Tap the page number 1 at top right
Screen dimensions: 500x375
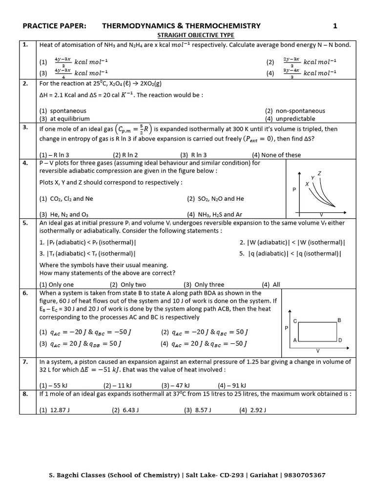click(x=335, y=26)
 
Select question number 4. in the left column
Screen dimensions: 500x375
click(x=25, y=163)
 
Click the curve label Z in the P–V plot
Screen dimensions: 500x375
click(x=319, y=173)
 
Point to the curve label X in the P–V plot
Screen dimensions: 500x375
click(x=307, y=184)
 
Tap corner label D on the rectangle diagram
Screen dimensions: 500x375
click(x=340, y=340)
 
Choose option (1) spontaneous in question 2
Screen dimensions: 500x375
click(x=62, y=111)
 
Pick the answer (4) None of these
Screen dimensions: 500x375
click(x=276, y=155)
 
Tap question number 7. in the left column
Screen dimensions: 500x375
click(x=25, y=362)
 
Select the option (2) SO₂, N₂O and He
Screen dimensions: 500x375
click(x=215, y=199)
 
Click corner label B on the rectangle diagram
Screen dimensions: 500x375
click(x=339, y=320)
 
